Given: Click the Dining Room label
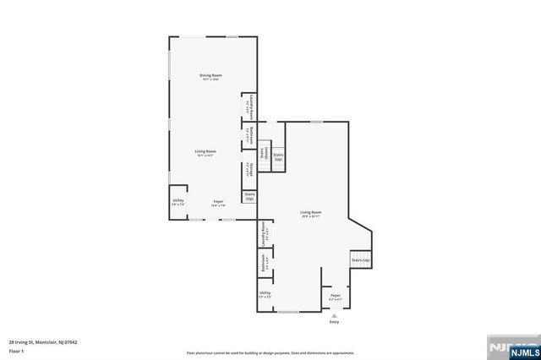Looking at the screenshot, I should (x=210, y=77).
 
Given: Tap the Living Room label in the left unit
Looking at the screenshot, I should (x=206, y=152).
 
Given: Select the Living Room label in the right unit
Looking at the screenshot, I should (x=310, y=213).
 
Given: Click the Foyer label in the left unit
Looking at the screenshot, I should (x=217, y=203).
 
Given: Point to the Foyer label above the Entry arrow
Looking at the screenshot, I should (x=335, y=296).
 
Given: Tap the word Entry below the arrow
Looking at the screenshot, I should (x=334, y=322).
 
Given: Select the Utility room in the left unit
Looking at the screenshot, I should (x=178, y=202).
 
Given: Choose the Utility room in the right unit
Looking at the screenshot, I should (x=265, y=295).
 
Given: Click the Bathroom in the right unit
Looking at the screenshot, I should (x=264, y=265).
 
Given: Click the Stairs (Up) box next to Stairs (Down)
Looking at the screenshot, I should (x=277, y=156).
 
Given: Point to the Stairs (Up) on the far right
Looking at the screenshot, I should (x=361, y=260).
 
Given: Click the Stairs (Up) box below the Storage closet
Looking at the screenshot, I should (x=249, y=196).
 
